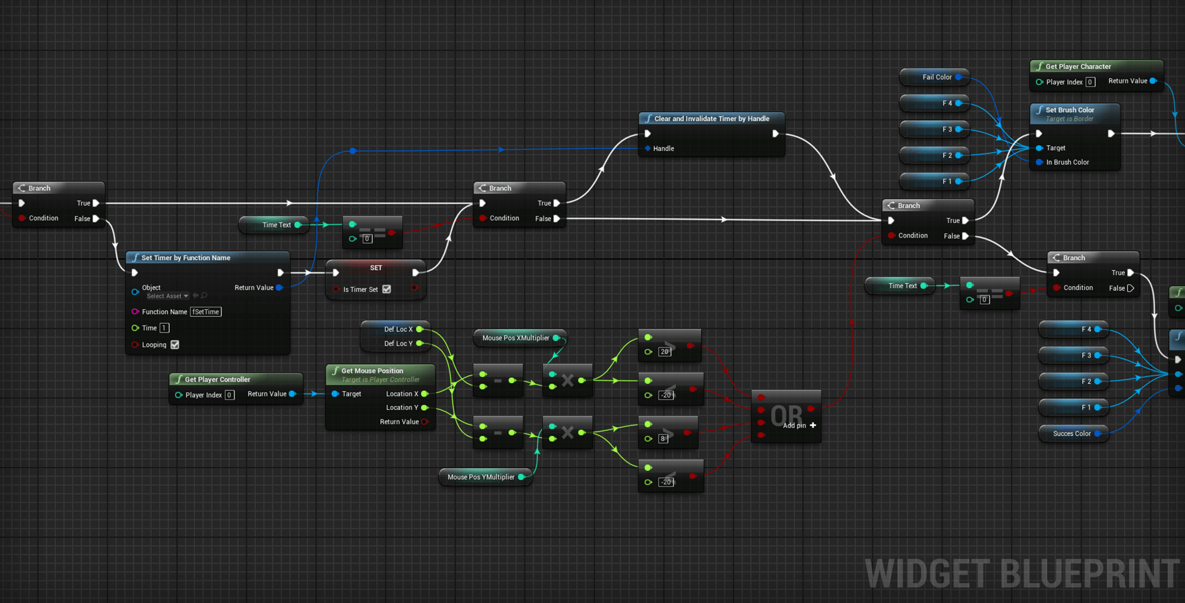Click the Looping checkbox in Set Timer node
click(x=175, y=344)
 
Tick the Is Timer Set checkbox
click(x=386, y=289)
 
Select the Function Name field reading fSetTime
click(x=206, y=312)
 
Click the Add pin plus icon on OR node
click(x=813, y=425)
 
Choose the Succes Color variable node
click(x=1071, y=433)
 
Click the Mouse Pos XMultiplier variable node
click(x=515, y=338)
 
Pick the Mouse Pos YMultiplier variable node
click(x=481, y=477)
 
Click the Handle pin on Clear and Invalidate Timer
click(x=648, y=149)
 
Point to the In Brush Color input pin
click(x=1039, y=162)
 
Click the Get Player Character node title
click(x=1078, y=66)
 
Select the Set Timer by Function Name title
click(x=185, y=258)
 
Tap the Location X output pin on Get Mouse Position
click(x=425, y=394)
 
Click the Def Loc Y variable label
click(x=398, y=343)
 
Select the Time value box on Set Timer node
click(x=164, y=328)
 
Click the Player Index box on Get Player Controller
click(x=229, y=395)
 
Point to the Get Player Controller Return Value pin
click(x=292, y=394)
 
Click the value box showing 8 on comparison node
click(x=663, y=438)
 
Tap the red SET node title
click(x=376, y=268)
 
